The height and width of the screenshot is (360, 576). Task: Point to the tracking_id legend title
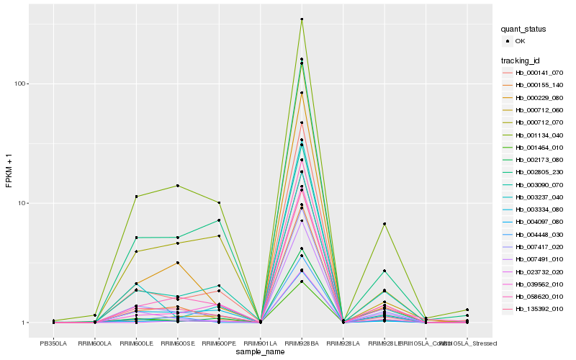point(522,60)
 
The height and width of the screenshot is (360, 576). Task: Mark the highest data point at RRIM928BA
point(302,19)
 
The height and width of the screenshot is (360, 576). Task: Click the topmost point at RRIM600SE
point(177,186)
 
